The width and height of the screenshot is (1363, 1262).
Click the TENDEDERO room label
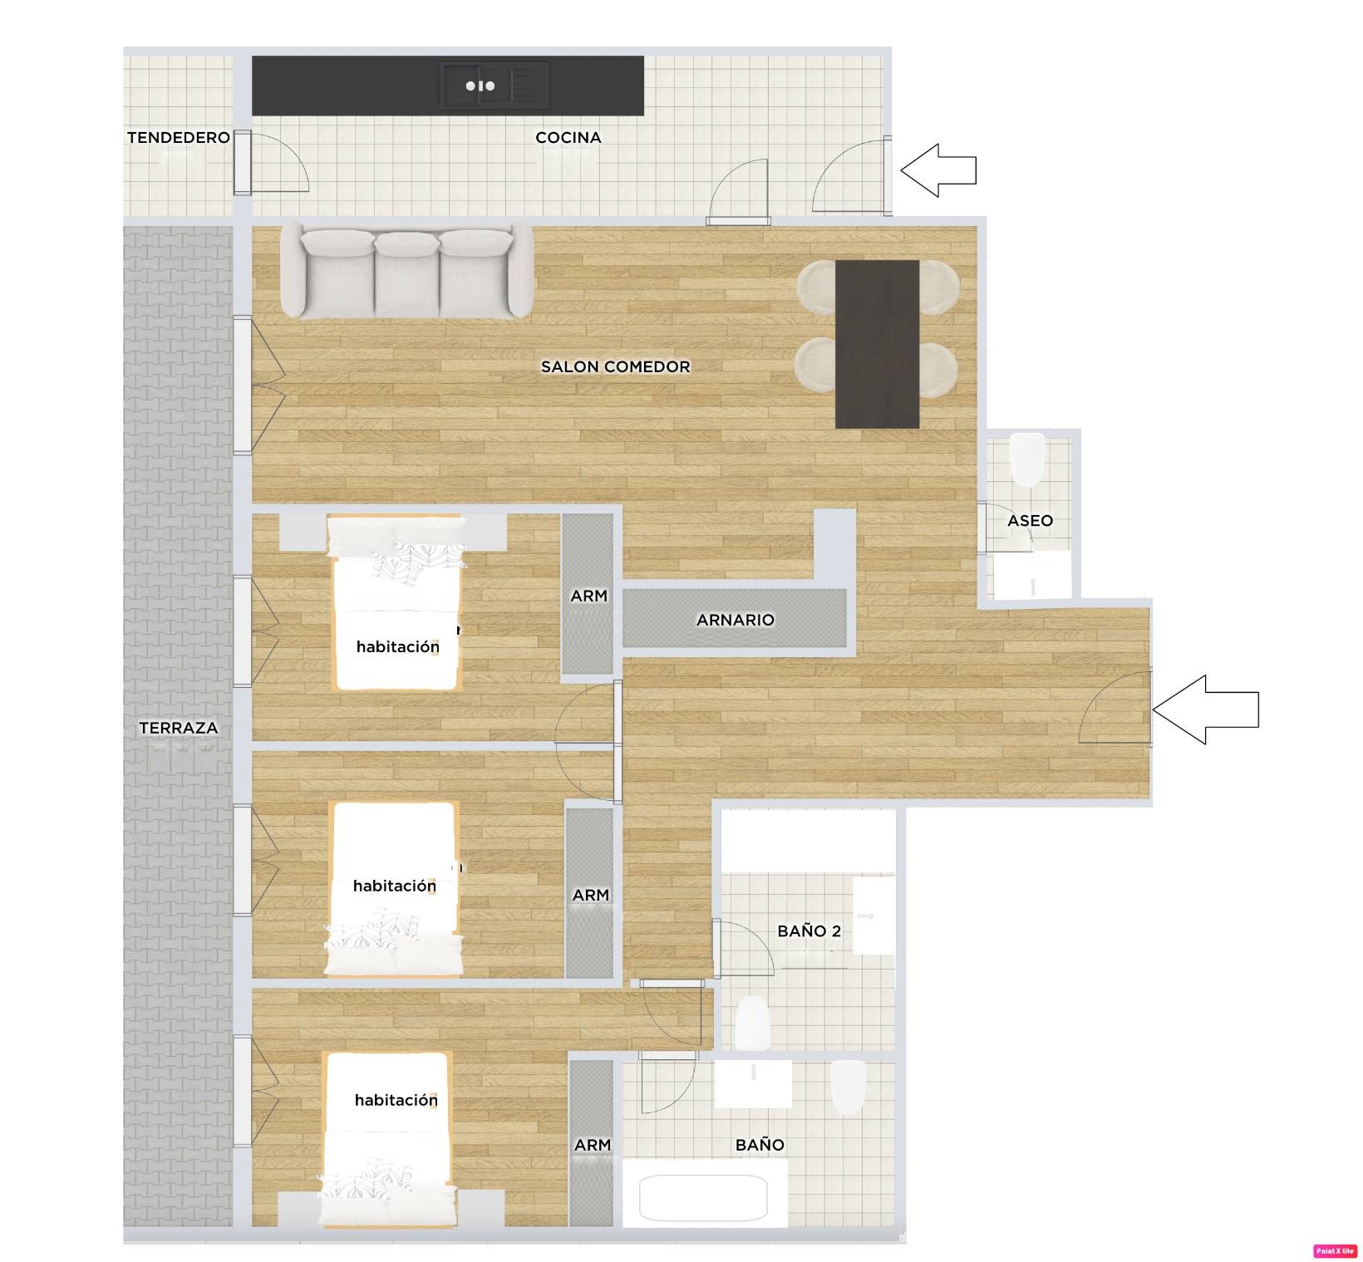click(x=179, y=137)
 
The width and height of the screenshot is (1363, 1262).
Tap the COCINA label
click(x=568, y=137)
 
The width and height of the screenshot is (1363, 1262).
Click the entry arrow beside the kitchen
click(x=938, y=170)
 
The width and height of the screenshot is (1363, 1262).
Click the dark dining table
click(x=877, y=344)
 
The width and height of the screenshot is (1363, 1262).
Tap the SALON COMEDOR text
click(x=616, y=366)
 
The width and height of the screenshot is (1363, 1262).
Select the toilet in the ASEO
click(x=1026, y=459)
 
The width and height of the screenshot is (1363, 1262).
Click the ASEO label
click(x=1031, y=521)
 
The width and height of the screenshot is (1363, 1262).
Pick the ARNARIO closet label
click(x=736, y=620)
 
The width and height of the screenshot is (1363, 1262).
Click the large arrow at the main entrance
click(x=1206, y=710)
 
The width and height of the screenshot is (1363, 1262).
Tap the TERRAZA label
click(x=179, y=728)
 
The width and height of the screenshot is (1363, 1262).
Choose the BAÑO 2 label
click(x=809, y=931)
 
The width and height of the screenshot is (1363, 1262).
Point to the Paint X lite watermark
click(x=1335, y=1251)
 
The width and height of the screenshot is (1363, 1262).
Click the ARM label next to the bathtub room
click(x=593, y=1145)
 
